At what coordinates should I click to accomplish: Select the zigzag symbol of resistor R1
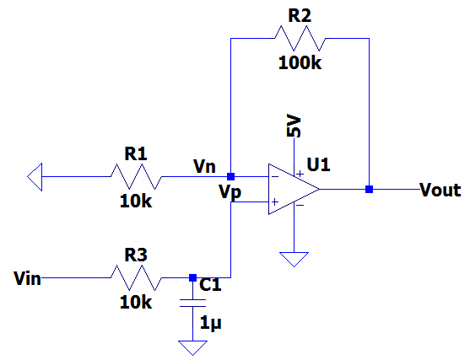click(x=136, y=177)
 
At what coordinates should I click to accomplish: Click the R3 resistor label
click(x=135, y=254)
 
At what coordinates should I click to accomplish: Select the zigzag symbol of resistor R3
click(x=136, y=277)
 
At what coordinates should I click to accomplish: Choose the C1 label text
click(x=210, y=286)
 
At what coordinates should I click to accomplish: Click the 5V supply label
click(x=294, y=126)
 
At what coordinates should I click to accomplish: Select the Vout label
click(x=440, y=190)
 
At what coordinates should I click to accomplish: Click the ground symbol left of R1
click(x=35, y=177)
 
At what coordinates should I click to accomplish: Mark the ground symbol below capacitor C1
click(x=192, y=347)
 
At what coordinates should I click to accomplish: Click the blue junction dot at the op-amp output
click(x=369, y=190)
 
